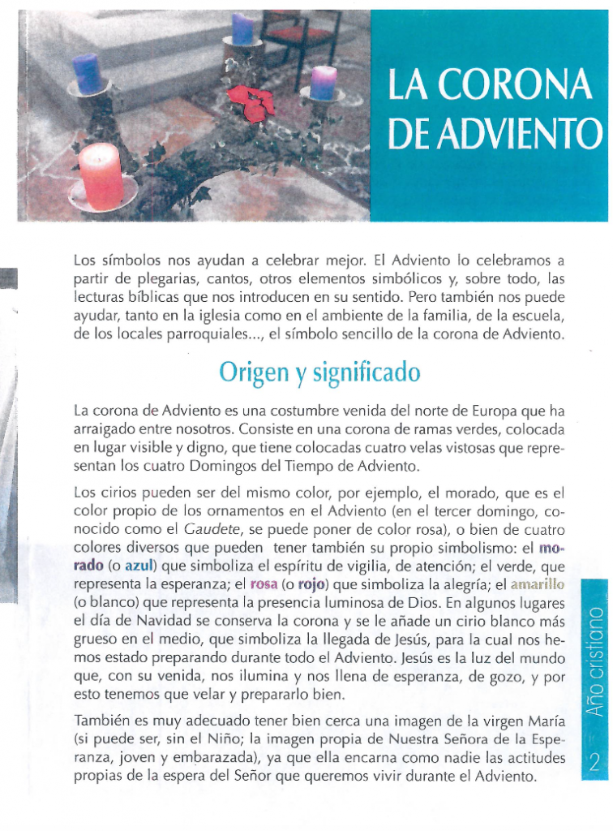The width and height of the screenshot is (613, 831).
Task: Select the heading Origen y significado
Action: (319, 372)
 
